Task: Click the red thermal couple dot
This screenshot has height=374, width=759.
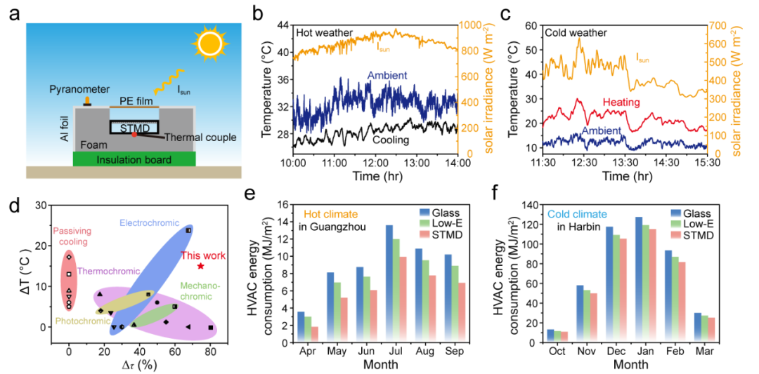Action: [134, 133]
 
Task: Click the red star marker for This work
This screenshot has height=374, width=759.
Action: [201, 266]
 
